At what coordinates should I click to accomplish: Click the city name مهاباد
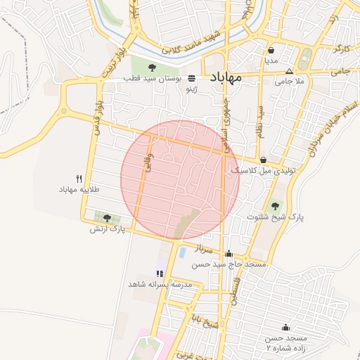click(225, 77)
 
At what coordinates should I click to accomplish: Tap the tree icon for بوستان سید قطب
click(152, 67)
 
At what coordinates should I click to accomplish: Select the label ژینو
click(191, 89)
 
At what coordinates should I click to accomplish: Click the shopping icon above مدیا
click(271, 50)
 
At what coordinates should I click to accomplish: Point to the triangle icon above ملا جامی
click(289, 72)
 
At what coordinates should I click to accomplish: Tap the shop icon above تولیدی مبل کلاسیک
click(263, 160)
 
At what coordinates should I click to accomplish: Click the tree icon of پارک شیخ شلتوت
click(274, 206)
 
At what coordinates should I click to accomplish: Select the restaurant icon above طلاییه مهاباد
click(79, 179)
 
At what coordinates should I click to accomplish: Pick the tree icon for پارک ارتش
click(107, 218)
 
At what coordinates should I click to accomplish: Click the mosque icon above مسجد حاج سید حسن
click(228, 254)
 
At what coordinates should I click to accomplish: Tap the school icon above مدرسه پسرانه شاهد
click(160, 273)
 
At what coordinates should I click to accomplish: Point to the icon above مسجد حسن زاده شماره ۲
click(285, 327)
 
